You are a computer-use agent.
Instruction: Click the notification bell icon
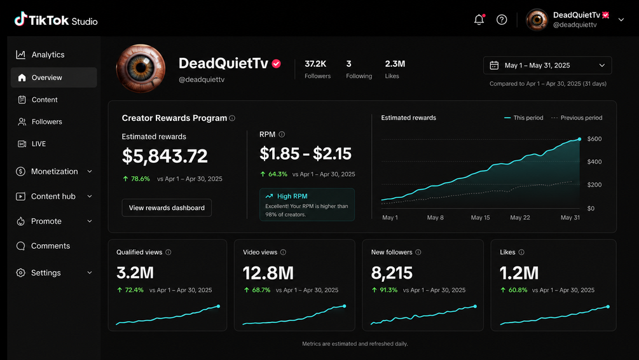479,20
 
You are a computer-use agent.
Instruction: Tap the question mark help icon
502,20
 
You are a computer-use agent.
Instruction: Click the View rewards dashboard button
167,208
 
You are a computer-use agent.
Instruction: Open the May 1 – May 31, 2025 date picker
547,66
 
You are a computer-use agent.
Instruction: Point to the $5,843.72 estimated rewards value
165,156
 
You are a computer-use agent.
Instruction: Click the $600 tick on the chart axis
594,139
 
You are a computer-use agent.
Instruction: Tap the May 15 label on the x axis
480,218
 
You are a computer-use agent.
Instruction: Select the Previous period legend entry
577,118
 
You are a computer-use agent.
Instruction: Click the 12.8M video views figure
268,273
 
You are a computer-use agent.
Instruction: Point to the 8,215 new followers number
392,273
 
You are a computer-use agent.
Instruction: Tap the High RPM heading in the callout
292,196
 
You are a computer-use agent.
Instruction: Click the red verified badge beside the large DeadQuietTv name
277,64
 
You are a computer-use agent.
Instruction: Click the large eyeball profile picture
141,69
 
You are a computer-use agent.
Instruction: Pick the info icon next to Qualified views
168,253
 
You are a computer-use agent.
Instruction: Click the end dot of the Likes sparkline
608,307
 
